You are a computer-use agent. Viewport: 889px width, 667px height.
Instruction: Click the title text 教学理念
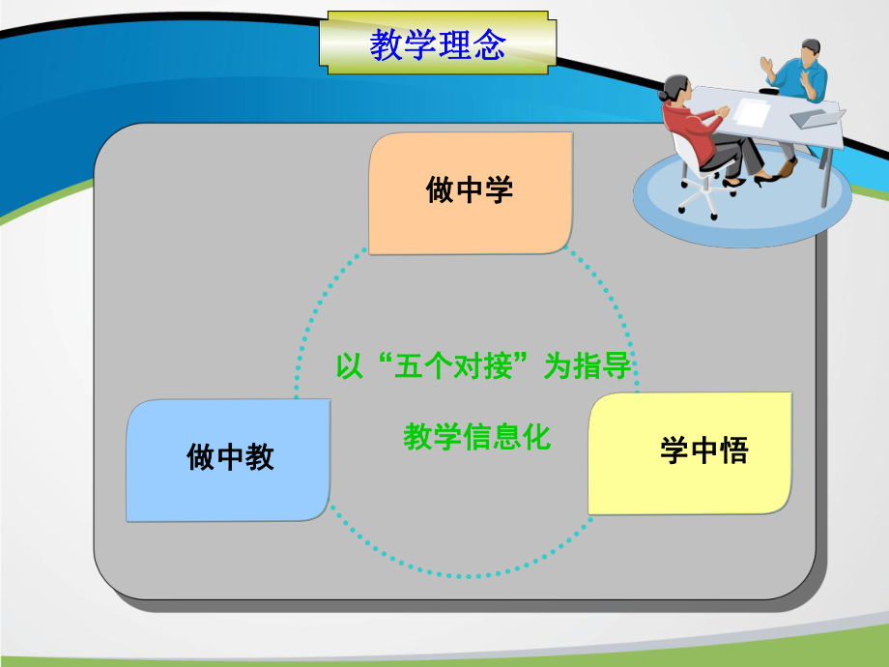[x=437, y=44]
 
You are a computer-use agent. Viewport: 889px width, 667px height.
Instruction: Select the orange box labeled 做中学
[x=470, y=193]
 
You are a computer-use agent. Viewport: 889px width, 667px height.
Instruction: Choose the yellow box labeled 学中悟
[x=690, y=452]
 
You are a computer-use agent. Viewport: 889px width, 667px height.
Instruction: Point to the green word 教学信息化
[x=476, y=438]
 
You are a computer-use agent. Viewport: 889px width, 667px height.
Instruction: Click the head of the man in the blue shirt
[x=810, y=54]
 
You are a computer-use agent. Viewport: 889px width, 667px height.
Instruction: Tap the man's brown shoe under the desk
[x=788, y=168]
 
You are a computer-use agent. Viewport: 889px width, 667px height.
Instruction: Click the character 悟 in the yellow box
[x=733, y=451]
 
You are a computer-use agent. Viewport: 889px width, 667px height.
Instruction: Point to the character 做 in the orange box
[x=440, y=190]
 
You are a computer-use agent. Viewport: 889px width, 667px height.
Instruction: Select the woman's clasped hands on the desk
[x=723, y=111]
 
